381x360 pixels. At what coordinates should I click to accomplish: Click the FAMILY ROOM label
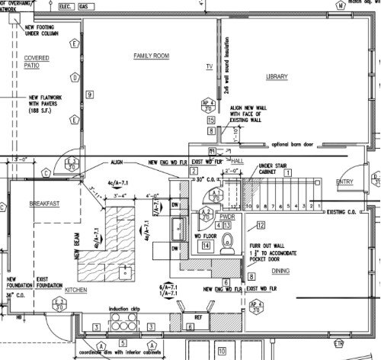[x=150, y=56]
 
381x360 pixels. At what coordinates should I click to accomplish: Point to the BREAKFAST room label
[x=44, y=204]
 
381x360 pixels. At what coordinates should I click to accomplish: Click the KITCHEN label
[x=76, y=291]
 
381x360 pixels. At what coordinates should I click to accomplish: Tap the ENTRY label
[x=345, y=181]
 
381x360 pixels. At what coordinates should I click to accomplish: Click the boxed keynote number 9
[x=90, y=94]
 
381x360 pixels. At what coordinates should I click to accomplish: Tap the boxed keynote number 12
[x=260, y=225]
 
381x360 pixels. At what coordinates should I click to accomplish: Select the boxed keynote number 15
[x=210, y=121]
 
